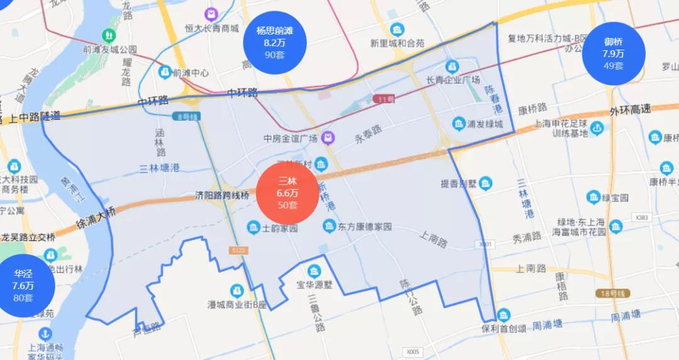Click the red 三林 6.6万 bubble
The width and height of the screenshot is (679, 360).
pos(287,193)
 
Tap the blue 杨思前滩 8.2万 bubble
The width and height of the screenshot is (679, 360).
pos(275,41)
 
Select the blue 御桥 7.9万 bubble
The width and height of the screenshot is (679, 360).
pos(613,53)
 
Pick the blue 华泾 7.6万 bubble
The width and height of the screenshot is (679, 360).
pos(23,285)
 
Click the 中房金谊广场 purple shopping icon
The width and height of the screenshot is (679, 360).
pos(328,138)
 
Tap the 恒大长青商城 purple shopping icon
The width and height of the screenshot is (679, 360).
pos(211,13)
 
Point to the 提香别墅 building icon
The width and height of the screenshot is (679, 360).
pos(485,183)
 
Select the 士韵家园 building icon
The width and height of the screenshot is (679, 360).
pos(253,227)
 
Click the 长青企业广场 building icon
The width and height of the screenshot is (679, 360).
pos(452,66)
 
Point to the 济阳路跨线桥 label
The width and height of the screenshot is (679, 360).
pos(223,195)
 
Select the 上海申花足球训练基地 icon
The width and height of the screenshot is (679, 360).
pos(597,129)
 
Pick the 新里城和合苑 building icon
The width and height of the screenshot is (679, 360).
pos(397,30)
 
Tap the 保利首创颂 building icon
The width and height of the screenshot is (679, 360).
pos(503,315)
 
